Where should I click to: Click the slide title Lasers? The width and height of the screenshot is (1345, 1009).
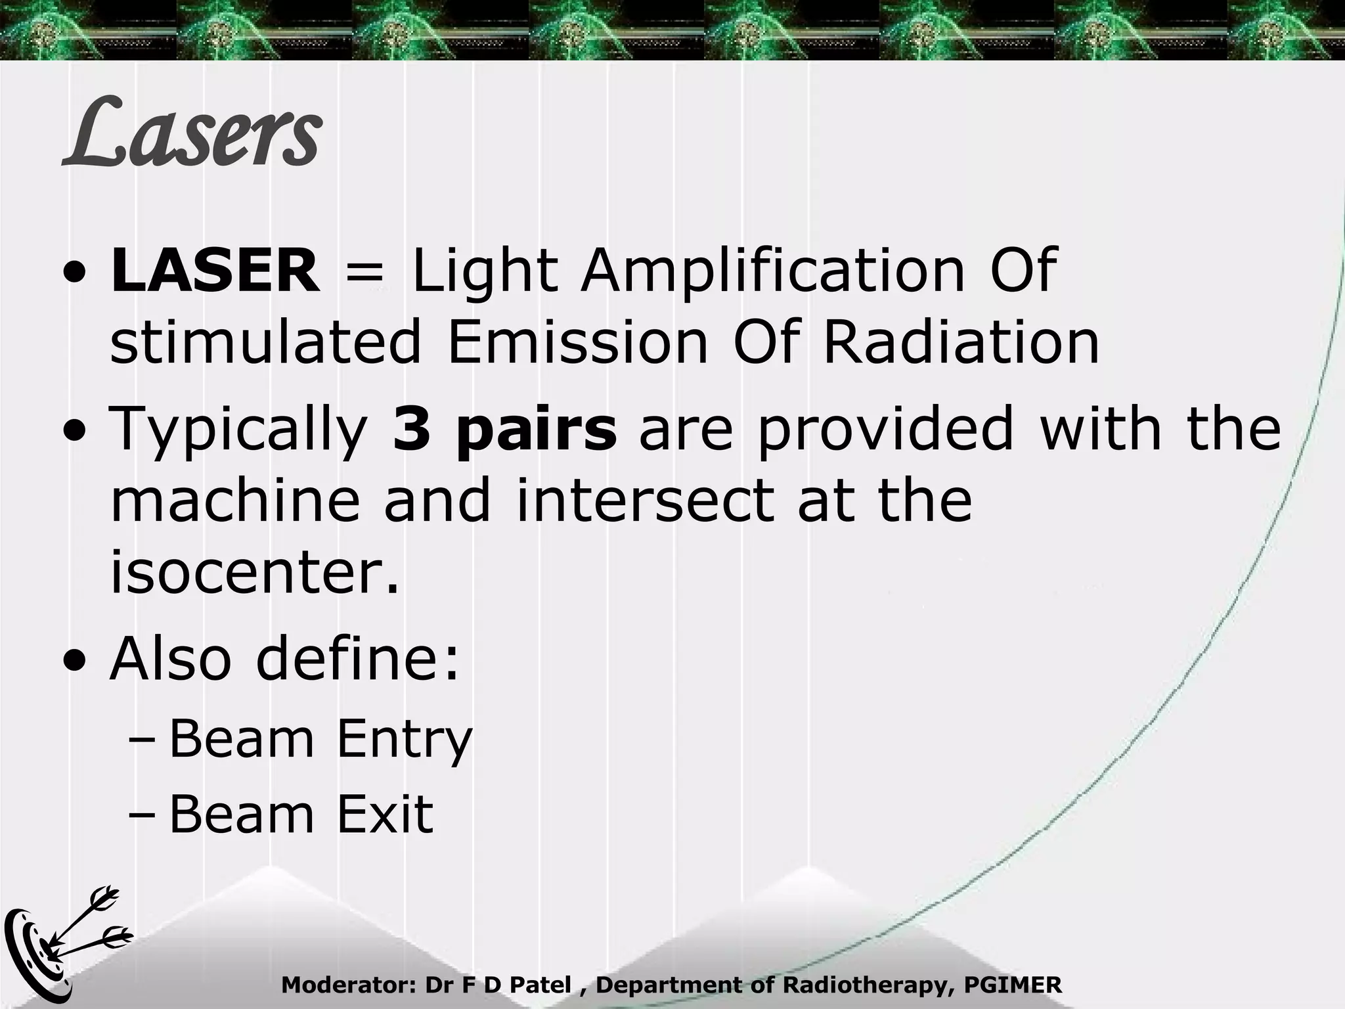(x=192, y=133)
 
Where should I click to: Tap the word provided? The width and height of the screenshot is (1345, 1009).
(x=885, y=428)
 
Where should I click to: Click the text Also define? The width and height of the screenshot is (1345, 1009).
(x=284, y=659)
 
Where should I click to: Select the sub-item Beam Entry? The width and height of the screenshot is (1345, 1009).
(x=320, y=740)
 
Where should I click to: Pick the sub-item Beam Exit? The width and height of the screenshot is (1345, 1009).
(x=301, y=815)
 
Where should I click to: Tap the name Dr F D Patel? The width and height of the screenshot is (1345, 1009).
(x=498, y=985)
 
